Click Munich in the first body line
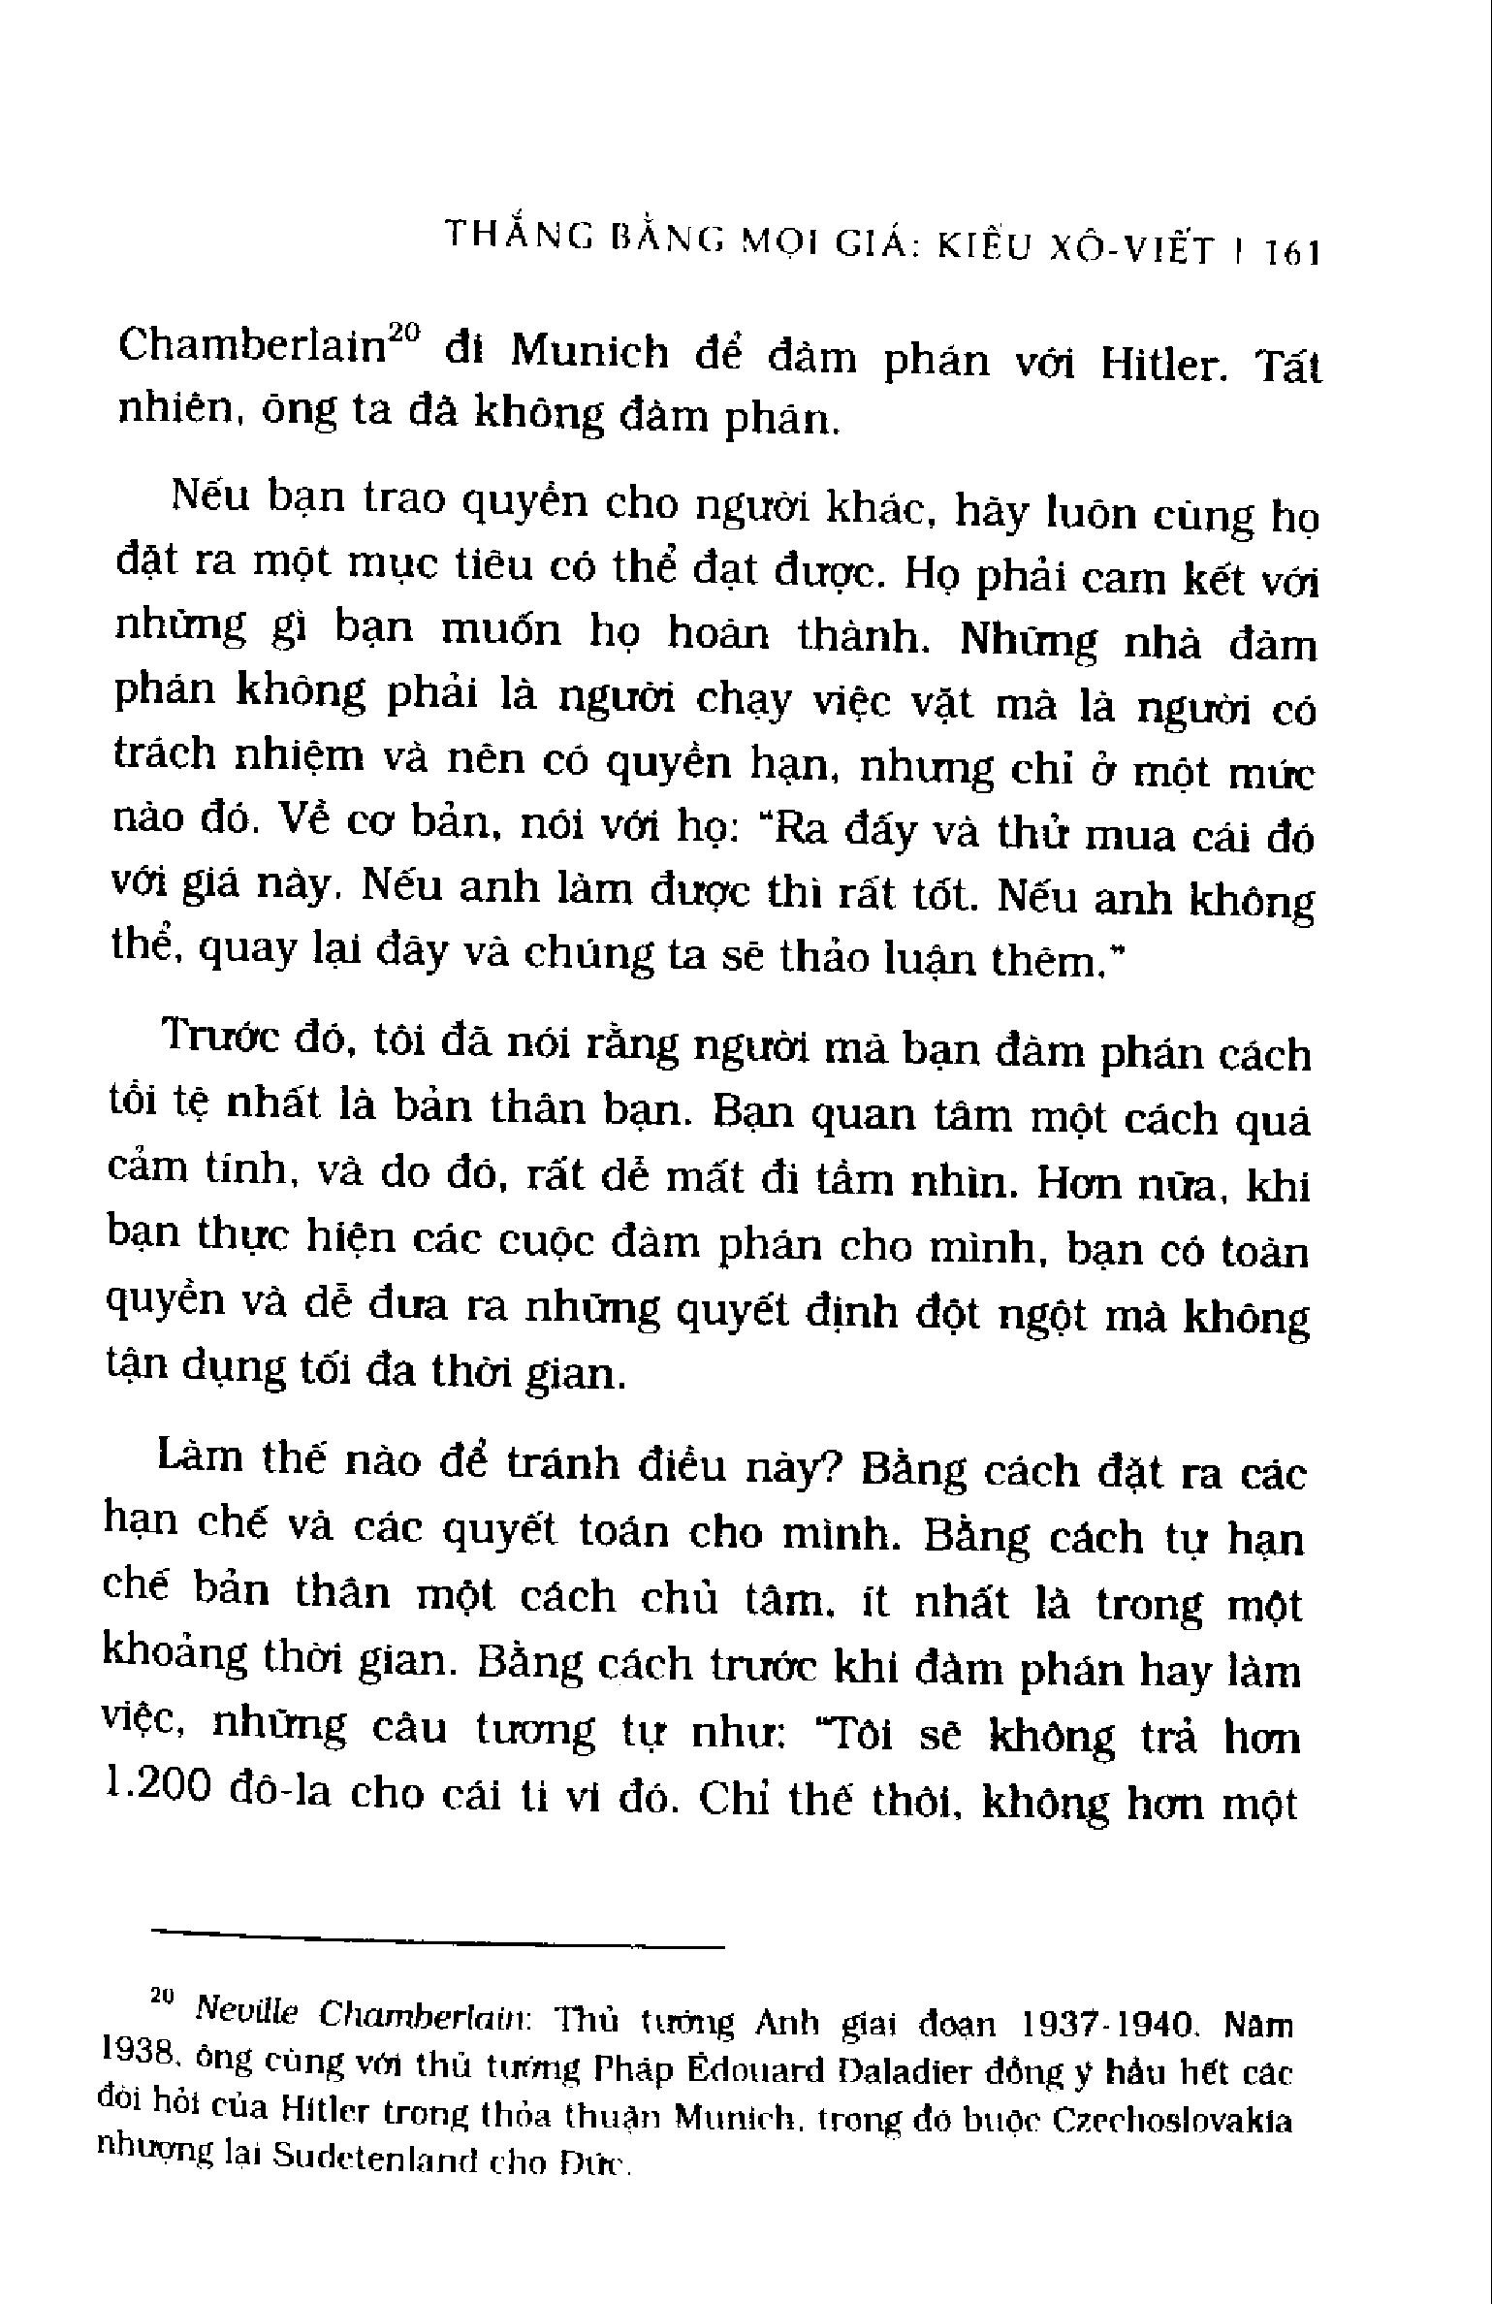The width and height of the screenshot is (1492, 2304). pyautogui.click(x=588, y=352)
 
